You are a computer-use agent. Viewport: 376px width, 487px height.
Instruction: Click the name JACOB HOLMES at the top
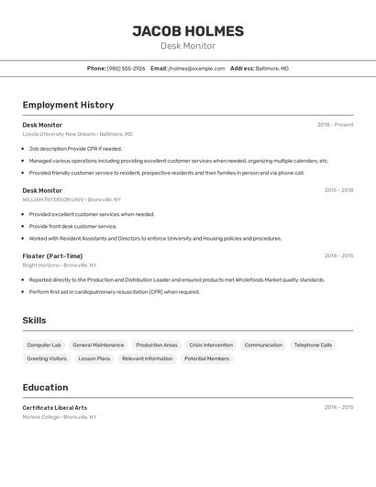(x=188, y=31)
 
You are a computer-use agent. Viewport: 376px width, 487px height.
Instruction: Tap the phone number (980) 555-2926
(x=126, y=68)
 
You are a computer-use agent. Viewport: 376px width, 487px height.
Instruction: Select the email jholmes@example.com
(x=196, y=68)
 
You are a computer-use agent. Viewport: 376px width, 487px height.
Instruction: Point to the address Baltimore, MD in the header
(x=271, y=68)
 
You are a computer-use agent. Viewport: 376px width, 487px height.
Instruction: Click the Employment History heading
(x=68, y=105)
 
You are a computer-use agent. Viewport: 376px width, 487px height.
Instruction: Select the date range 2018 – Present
(x=335, y=125)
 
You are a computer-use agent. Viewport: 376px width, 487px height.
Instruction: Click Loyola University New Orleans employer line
(x=77, y=134)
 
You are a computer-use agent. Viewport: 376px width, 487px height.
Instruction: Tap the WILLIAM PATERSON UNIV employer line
(x=72, y=199)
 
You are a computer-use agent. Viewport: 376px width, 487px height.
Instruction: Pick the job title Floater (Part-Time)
(x=52, y=256)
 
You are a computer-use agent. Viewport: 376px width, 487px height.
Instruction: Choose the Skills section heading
(x=35, y=321)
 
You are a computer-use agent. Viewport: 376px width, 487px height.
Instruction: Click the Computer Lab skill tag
(x=44, y=345)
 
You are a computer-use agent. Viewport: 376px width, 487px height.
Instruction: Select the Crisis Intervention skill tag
(x=211, y=345)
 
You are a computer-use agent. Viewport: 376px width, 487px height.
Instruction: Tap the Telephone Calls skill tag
(x=313, y=345)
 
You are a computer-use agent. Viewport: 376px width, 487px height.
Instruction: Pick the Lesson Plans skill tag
(x=94, y=358)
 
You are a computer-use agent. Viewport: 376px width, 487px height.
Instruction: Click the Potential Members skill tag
(x=206, y=358)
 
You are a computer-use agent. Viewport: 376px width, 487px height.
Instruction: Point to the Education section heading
(x=45, y=388)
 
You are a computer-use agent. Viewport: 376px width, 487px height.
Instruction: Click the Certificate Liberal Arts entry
(x=55, y=408)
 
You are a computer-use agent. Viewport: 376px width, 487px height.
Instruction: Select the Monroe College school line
(x=59, y=417)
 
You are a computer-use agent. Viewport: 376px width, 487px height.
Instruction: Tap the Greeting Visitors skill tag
(x=47, y=358)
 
